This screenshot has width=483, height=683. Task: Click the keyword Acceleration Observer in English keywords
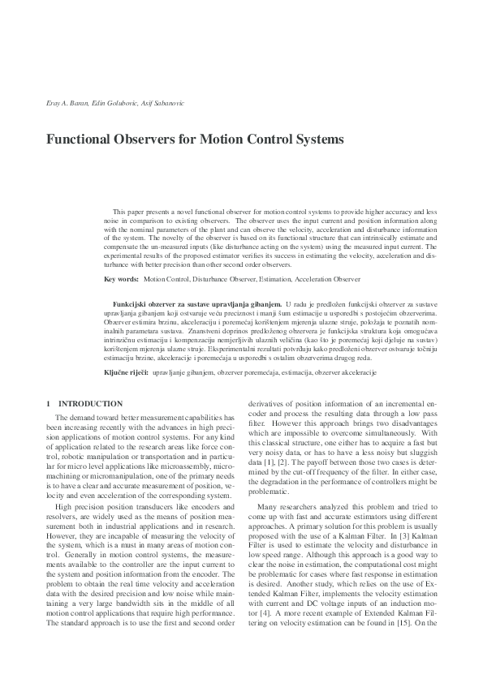[328, 279]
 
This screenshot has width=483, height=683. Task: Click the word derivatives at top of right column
[266, 403]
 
